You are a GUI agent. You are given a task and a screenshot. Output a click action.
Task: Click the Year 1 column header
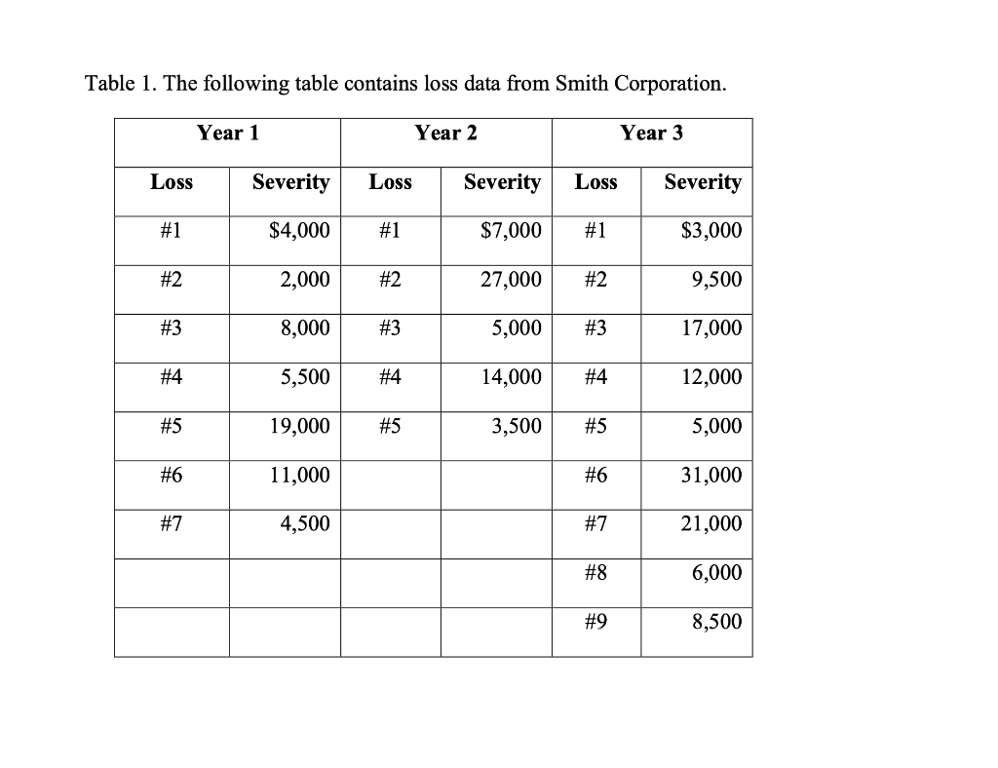[x=228, y=133]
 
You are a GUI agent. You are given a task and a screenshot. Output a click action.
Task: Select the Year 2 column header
[x=445, y=133]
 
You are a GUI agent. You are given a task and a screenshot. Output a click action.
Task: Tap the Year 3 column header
[x=652, y=133]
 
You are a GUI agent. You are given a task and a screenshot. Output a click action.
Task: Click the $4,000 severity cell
[x=299, y=231]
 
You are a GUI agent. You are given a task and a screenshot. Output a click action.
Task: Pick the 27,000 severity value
[x=511, y=280]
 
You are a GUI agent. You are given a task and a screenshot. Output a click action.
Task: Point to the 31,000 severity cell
[x=710, y=475]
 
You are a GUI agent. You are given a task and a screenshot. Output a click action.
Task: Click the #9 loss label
[x=595, y=621]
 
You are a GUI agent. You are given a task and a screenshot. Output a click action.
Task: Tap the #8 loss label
[x=595, y=572]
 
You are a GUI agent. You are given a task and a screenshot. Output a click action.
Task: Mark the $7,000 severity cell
[x=512, y=231]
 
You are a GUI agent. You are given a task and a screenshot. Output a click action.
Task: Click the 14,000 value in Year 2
[x=511, y=377]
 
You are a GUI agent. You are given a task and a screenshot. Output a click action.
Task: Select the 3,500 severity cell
[x=517, y=426]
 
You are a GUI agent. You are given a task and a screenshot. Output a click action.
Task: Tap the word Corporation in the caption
[x=670, y=84]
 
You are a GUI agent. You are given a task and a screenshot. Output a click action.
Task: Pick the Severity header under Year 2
[x=502, y=182]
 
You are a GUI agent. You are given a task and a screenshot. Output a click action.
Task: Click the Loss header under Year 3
[x=595, y=182]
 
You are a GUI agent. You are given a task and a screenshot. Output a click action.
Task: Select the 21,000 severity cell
[x=710, y=523]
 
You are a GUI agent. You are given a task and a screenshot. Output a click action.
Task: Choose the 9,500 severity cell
[x=716, y=280]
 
